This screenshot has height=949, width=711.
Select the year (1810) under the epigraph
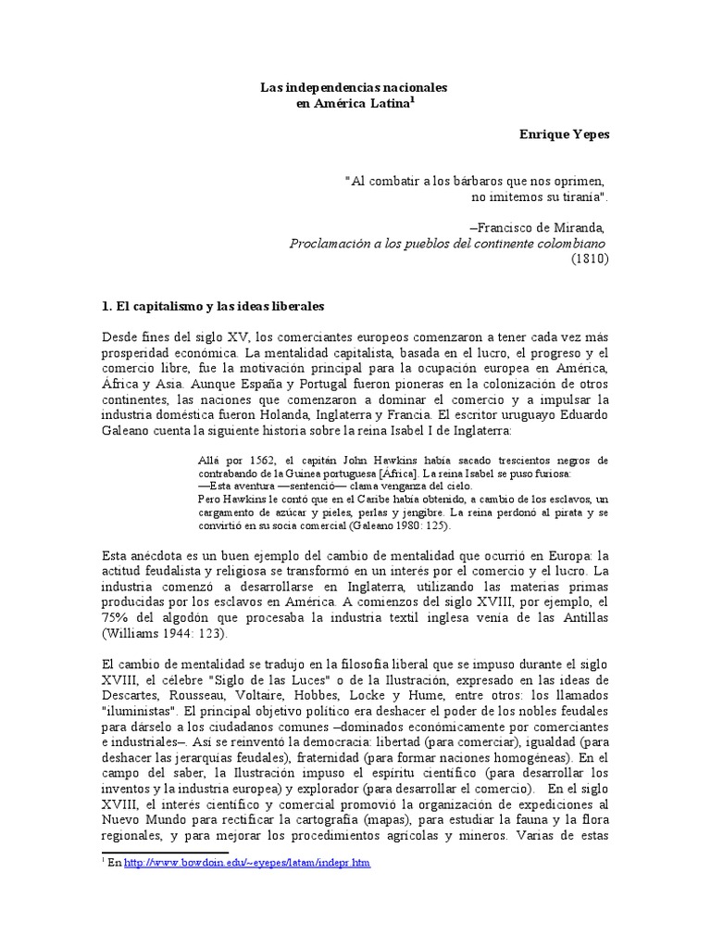coord(588,259)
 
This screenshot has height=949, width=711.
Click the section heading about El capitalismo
coord(211,305)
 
